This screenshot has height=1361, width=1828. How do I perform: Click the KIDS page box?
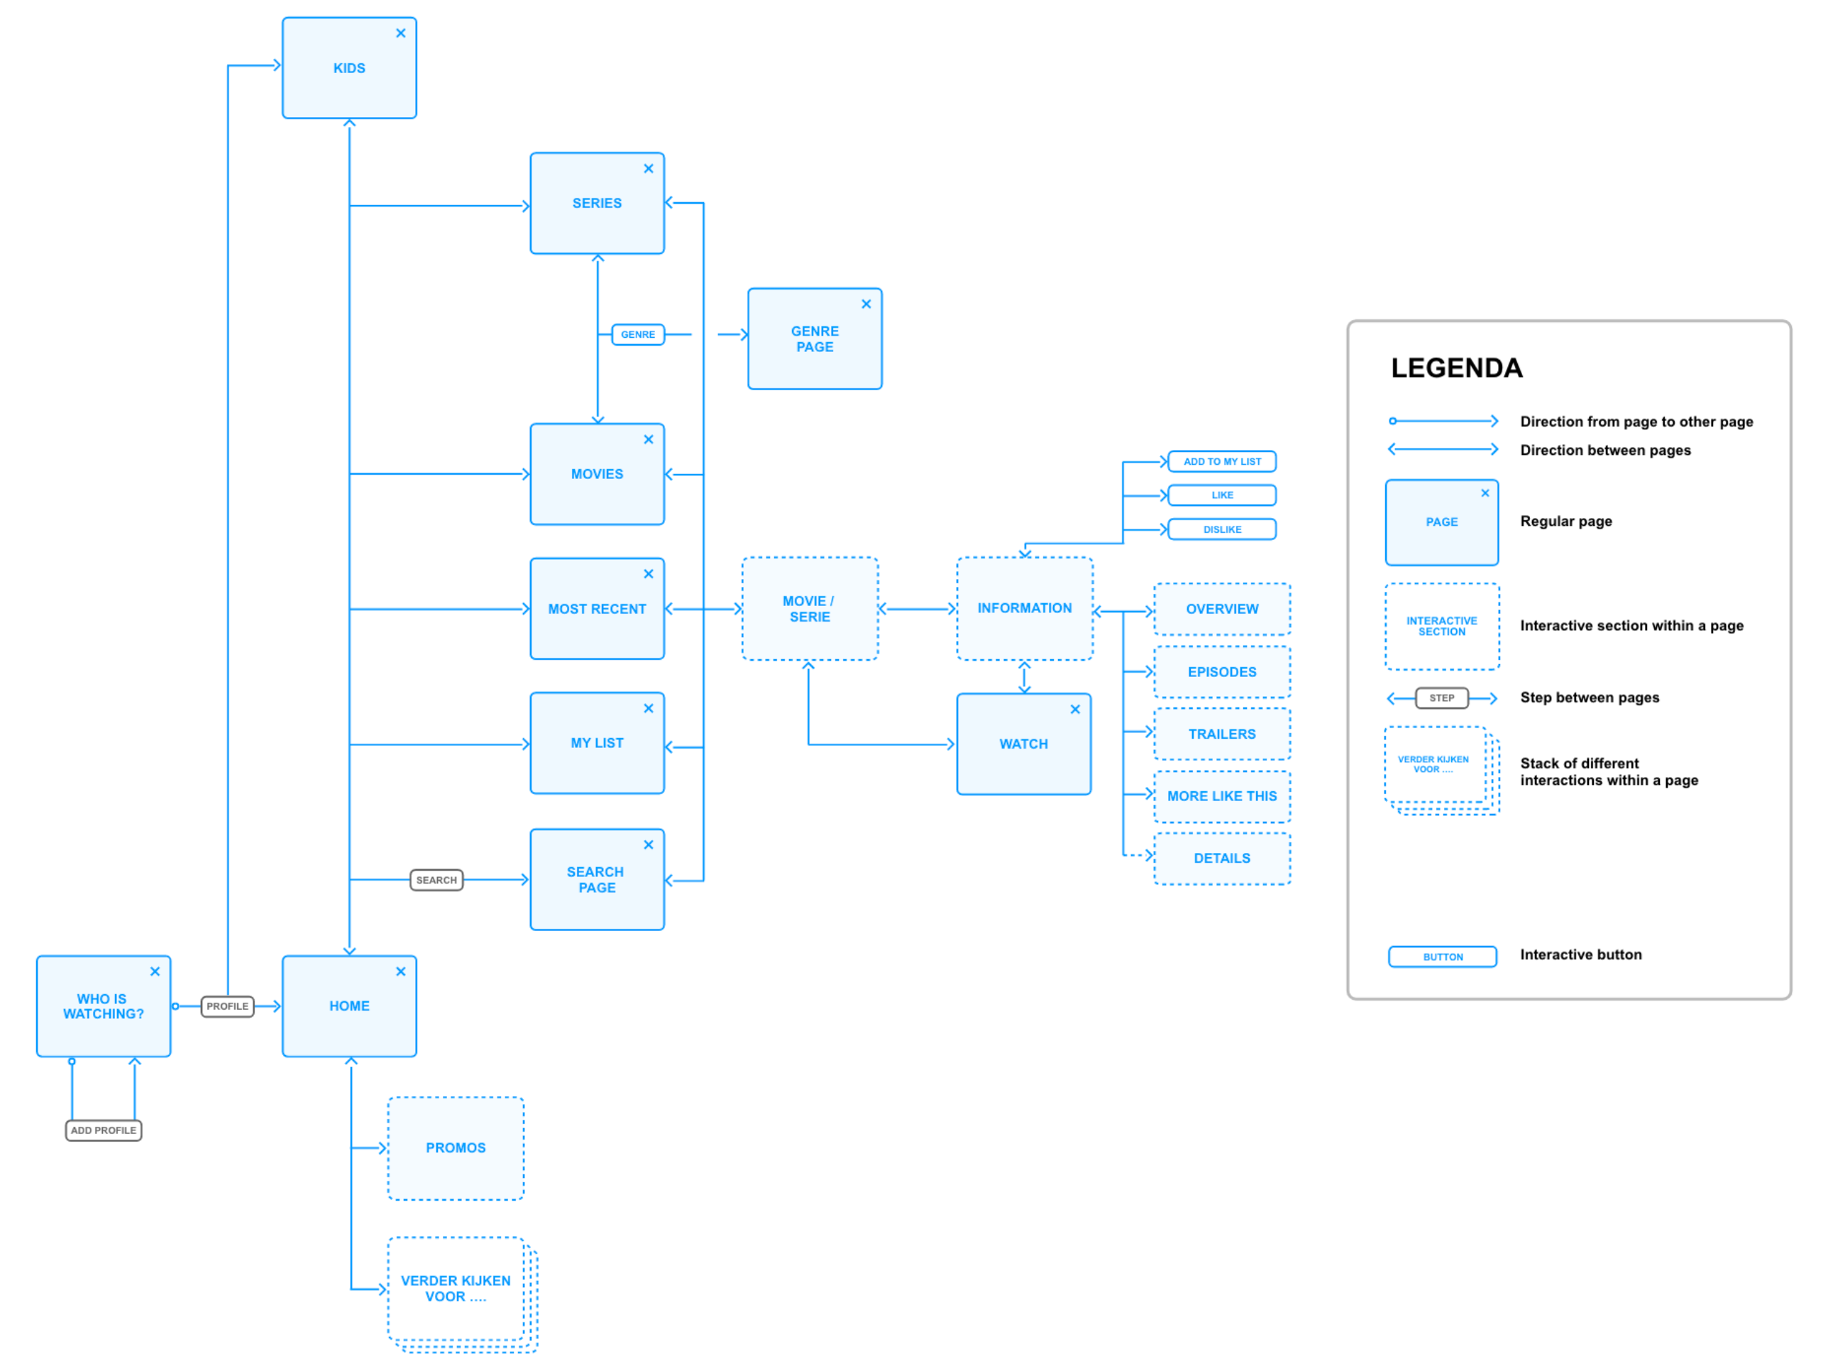(349, 68)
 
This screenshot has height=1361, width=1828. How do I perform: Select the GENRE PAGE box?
(815, 338)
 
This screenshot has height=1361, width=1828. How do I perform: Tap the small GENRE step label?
(638, 334)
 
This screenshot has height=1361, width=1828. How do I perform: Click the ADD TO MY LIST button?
(1222, 461)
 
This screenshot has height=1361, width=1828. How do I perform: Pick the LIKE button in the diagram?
(1222, 495)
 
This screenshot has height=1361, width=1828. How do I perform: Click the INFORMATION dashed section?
(1024, 608)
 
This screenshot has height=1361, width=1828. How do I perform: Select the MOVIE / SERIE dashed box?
(809, 609)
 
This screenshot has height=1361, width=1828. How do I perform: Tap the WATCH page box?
(1023, 744)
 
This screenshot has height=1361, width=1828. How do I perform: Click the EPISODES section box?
(1222, 672)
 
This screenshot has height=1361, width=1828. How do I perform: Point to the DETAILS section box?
(1222, 859)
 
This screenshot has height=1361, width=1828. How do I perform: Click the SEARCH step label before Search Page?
(436, 880)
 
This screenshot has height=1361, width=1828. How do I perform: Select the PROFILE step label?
(227, 1006)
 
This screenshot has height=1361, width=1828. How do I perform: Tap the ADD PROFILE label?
(103, 1130)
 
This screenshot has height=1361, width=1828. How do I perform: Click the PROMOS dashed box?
(456, 1147)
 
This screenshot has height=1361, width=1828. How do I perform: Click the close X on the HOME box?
(400, 972)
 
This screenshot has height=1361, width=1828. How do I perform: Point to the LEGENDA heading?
(1455, 368)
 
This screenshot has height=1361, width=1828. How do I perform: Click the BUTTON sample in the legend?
(1442, 957)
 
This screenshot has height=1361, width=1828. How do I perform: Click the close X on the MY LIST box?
(649, 708)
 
